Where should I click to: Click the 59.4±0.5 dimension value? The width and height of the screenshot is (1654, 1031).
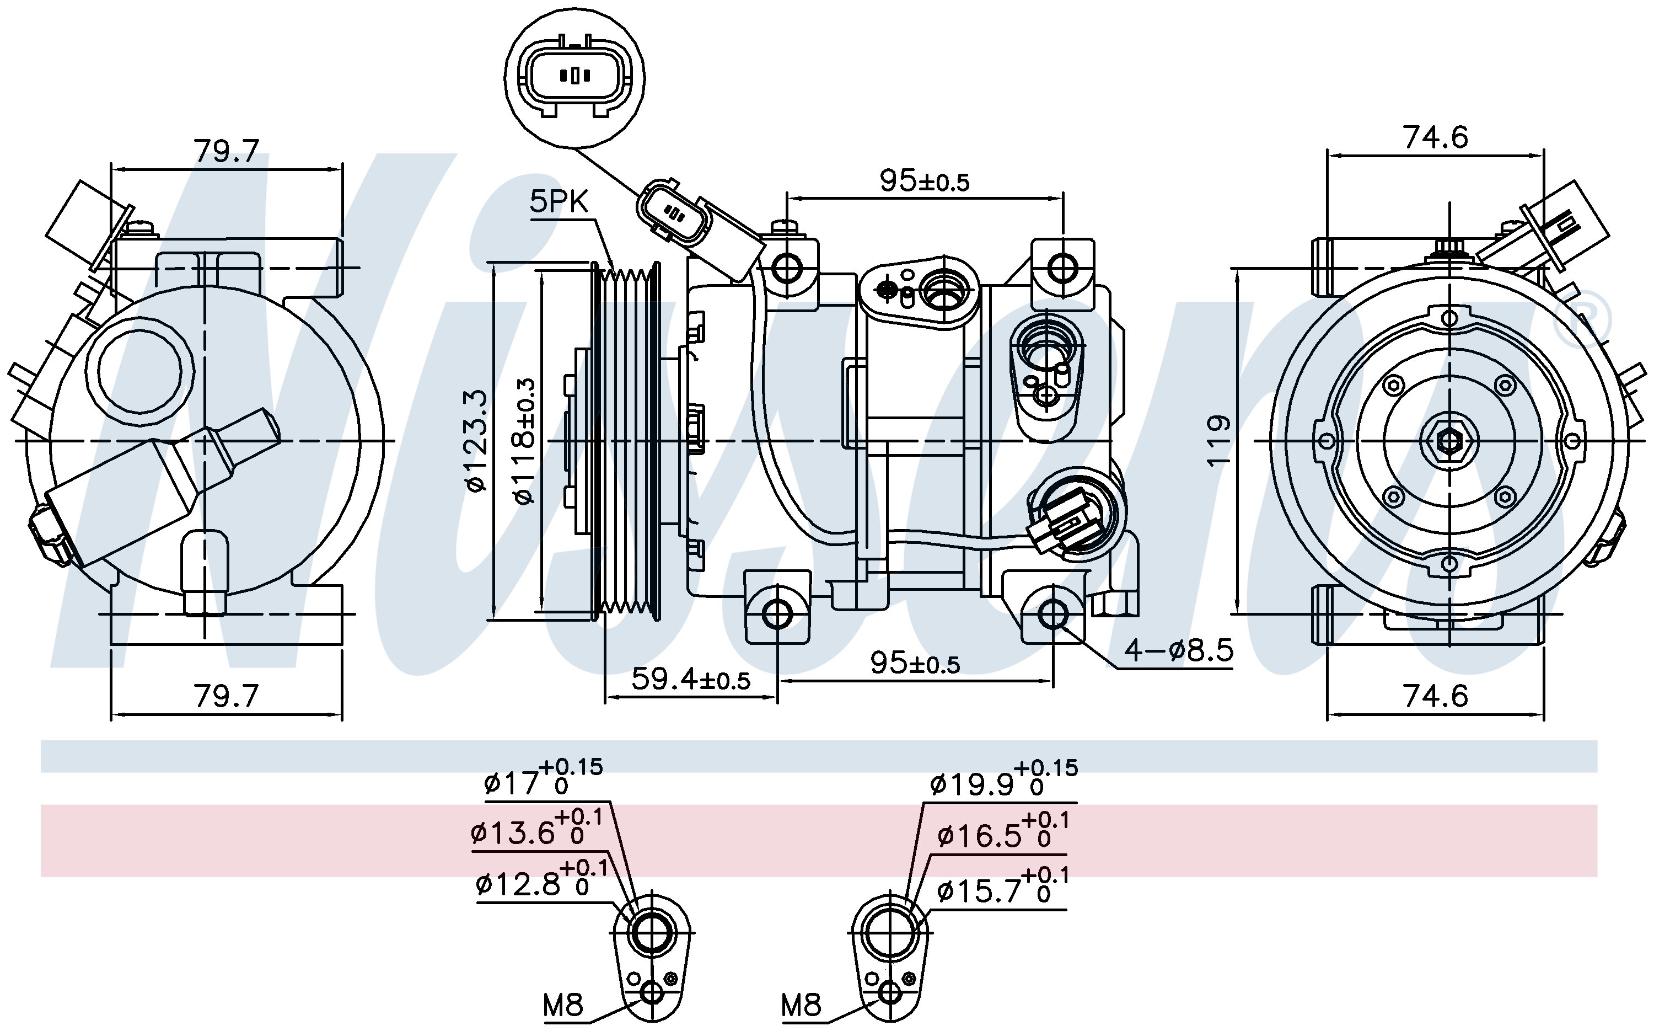(690, 679)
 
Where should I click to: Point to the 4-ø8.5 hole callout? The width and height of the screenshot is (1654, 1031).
(1178, 651)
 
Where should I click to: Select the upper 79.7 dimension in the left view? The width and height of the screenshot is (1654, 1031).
(226, 151)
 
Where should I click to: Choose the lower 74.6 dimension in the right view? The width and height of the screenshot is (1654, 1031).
(1435, 696)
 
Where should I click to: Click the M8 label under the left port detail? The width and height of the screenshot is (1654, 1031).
(563, 1005)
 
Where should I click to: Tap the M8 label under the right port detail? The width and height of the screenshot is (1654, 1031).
(802, 1005)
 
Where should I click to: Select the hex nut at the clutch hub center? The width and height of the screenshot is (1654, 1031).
(1449, 441)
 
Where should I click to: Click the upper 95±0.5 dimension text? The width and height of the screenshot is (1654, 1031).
(924, 181)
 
